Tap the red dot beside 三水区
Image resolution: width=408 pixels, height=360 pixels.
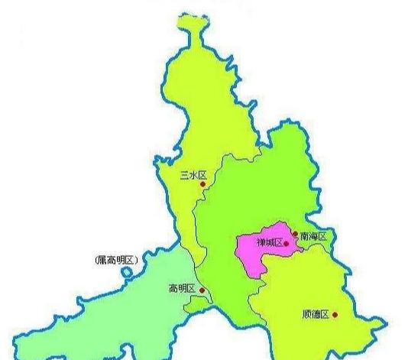point(202,184)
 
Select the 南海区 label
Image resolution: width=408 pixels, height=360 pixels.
point(312,236)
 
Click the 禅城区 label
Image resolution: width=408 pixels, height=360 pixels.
point(269,243)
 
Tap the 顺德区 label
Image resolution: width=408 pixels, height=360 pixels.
point(315,314)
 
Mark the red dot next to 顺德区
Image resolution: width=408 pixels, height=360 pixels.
point(334,314)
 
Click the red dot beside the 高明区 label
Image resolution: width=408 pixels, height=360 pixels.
point(201,290)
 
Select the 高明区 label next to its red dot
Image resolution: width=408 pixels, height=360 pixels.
point(183,289)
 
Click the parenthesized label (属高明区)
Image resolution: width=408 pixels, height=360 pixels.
point(116,261)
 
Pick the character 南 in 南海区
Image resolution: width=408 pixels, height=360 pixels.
point(304,236)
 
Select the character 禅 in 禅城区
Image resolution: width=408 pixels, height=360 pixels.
point(260,243)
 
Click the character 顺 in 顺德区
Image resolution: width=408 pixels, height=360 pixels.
point(306,314)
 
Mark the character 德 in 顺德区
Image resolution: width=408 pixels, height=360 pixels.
point(315,314)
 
